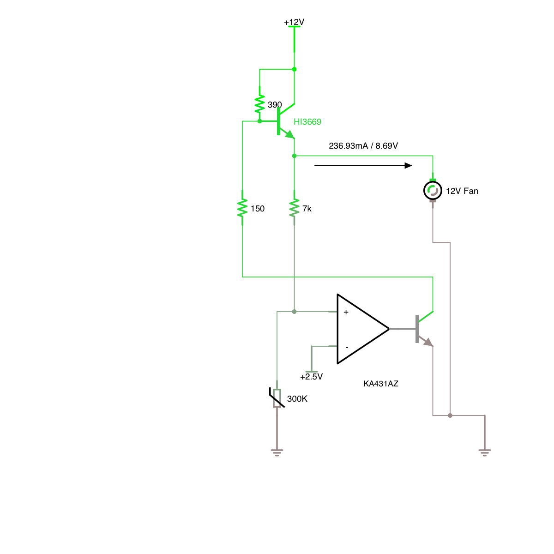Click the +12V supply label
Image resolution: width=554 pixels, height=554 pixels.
click(x=294, y=22)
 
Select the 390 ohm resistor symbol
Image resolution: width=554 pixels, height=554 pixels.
click(x=259, y=104)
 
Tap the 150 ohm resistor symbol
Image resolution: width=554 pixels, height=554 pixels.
click(x=242, y=208)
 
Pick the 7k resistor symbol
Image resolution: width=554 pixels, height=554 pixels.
click(x=294, y=208)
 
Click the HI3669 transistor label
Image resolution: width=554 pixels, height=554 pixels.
click(x=307, y=122)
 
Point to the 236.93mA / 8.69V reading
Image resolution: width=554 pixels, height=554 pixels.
click(x=363, y=146)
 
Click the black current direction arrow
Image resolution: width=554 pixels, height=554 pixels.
click(x=363, y=166)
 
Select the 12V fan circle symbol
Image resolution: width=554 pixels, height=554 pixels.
click(x=433, y=190)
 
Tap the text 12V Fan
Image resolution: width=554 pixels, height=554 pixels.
click(x=462, y=191)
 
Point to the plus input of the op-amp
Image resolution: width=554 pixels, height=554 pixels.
click(x=346, y=312)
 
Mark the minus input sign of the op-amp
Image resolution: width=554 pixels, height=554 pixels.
click(x=347, y=348)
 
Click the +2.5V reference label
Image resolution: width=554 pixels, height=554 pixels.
click(x=311, y=377)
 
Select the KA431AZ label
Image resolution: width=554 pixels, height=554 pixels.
click(x=381, y=384)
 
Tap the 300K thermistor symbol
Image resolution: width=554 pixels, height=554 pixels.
click(x=277, y=398)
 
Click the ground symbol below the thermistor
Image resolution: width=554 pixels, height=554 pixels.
click(x=277, y=453)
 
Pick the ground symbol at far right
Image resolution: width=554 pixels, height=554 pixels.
click(x=485, y=453)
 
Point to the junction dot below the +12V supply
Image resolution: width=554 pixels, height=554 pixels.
click(x=294, y=69)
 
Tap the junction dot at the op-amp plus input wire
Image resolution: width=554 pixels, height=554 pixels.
click(x=294, y=312)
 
